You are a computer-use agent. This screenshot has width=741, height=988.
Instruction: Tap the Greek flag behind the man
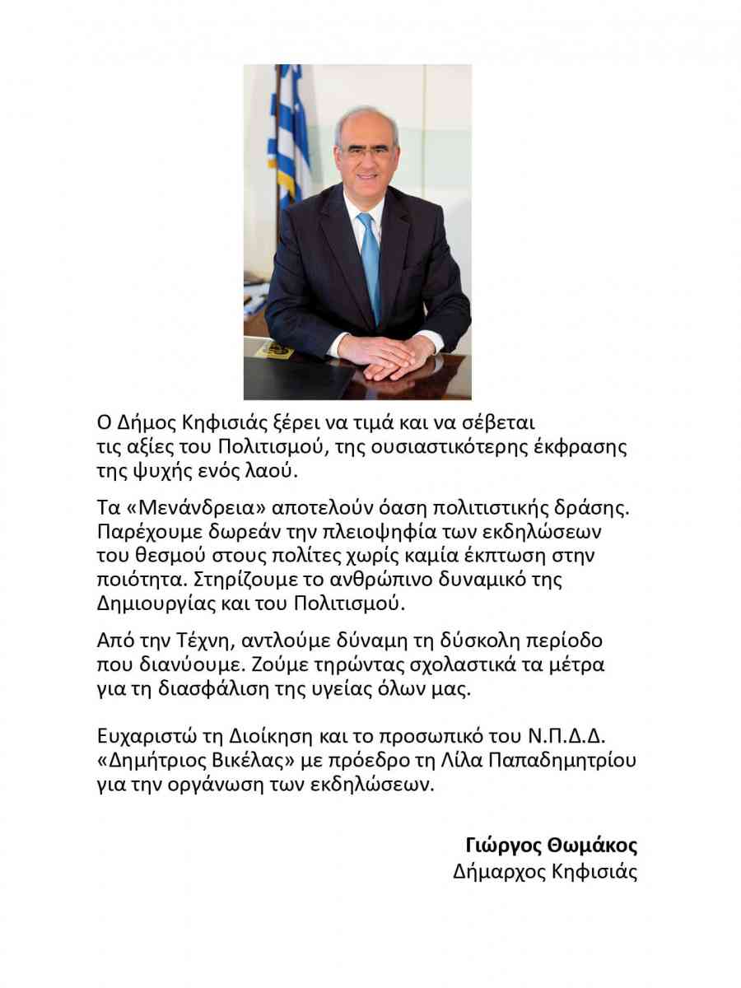[291, 132]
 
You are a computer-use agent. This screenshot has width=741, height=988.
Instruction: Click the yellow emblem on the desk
[275, 350]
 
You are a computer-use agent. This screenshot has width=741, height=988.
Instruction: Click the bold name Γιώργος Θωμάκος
[551, 846]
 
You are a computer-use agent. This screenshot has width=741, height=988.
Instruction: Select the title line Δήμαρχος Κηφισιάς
[545, 872]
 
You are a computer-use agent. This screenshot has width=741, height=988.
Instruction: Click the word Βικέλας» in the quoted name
[254, 759]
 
